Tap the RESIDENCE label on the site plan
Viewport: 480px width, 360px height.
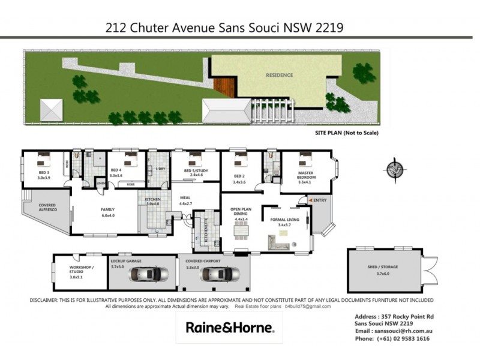pos(280,75)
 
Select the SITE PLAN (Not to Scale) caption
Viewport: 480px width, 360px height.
pos(347,133)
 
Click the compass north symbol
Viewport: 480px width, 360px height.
pos(395,170)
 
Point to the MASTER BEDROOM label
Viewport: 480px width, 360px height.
pos(305,178)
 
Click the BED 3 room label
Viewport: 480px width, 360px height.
pos(43,175)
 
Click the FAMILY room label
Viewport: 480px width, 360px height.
pos(107,212)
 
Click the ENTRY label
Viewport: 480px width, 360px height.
pos(320,200)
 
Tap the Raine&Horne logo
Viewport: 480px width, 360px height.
pos(230,328)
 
